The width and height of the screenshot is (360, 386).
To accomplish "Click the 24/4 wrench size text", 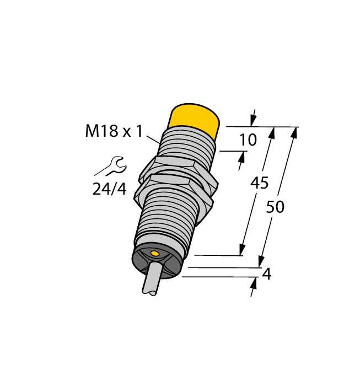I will point(109,189).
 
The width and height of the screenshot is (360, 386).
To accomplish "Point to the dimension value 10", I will point(248,140).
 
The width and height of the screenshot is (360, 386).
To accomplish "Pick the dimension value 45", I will point(259,183).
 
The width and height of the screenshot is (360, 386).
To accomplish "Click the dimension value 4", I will point(266,274).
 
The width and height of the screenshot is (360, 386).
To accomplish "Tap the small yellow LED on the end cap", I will point(155,254).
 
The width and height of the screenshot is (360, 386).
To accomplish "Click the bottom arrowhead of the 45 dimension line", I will point(242,250).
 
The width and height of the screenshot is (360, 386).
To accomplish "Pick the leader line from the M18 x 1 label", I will point(153,137).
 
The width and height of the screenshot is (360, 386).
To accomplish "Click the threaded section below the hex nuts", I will point(165,221).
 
